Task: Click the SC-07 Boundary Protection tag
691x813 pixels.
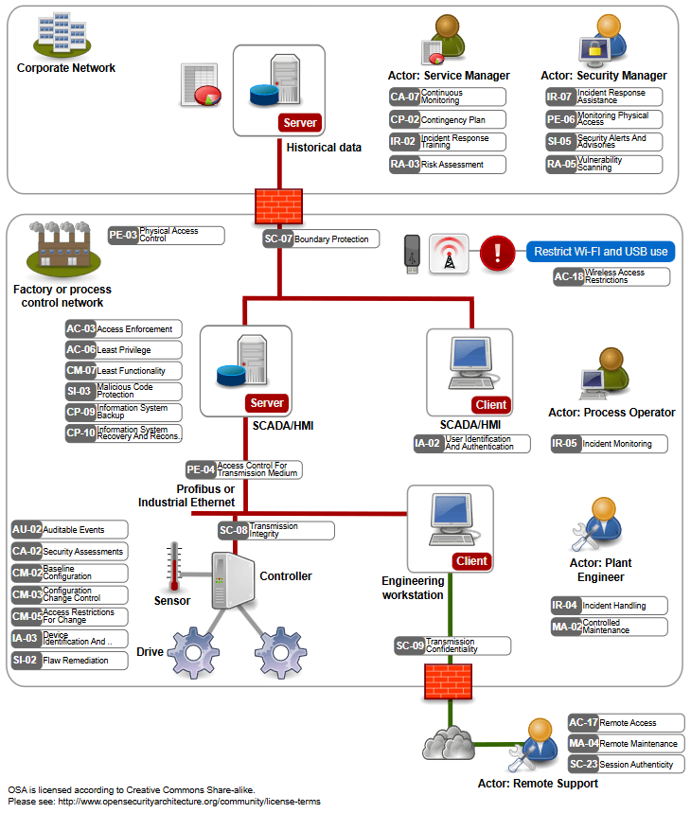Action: point(321,239)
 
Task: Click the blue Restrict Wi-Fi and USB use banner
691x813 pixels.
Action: point(600,252)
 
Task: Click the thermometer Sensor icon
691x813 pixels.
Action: point(173,567)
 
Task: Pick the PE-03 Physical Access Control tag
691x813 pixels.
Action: point(166,236)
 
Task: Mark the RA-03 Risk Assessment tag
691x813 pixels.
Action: point(447,165)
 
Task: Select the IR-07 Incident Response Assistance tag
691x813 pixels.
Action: point(603,97)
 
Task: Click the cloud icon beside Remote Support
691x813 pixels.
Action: point(449,741)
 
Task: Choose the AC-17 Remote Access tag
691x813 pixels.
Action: point(625,723)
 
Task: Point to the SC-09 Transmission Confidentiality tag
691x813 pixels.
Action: point(452,646)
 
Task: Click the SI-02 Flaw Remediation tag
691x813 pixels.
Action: point(68,661)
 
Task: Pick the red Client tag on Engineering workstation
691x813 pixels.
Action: point(471,561)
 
